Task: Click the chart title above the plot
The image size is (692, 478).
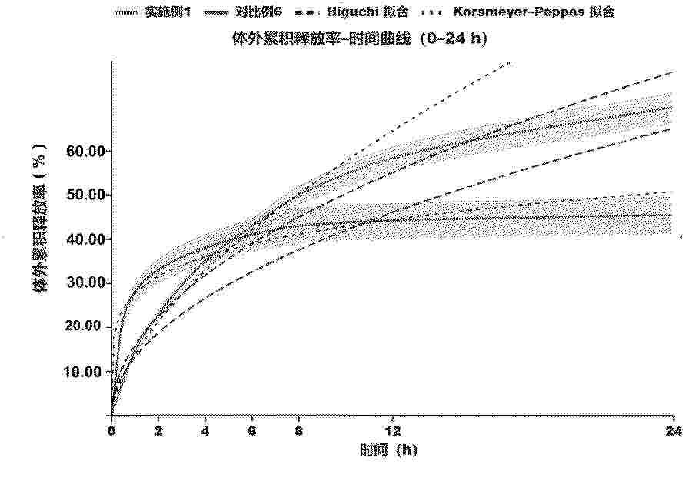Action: pyautogui.click(x=361, y=36)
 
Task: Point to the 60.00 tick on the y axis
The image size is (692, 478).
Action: pyautogui.click(x=85, y=151)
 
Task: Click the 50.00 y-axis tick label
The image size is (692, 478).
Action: pyautogui.click(x=85, y=195)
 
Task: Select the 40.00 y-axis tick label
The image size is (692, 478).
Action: pyautogui.click(x=85, y=239)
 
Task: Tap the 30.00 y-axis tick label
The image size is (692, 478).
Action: pyautogui.click(x=85, y=283)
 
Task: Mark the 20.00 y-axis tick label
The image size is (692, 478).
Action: pyautogui.click(x=85, y=327)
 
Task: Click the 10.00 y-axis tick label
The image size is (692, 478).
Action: pyautogui.click(x=85, y=372)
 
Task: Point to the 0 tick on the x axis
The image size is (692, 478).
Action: pyautogui.click(x=111, y=430)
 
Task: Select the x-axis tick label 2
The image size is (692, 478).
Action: pyautogui.click(x=158, y=430)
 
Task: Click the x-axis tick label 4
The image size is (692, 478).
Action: pyautogui.click(x=205, y=430)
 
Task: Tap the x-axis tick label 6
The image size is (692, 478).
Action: pyautogui.click(x=252, y=430)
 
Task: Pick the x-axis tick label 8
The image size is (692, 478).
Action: pyautogui.click(x=299, y=430)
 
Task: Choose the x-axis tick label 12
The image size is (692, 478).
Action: pyautogui.click(x=393, y=430)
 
